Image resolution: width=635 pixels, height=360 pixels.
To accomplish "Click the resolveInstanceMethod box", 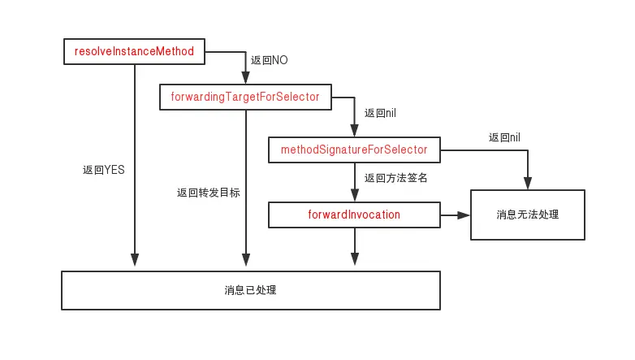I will coord(134,52).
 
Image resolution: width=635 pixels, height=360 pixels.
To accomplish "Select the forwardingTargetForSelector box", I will coord(244,98).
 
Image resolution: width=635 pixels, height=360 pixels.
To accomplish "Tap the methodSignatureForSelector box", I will coord(354,150).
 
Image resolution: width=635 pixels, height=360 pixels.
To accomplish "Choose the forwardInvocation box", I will coord(354,215).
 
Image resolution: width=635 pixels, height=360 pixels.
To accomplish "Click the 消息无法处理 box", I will coord(528,215).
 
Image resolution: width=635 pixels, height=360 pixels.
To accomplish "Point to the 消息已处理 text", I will coord(251,289).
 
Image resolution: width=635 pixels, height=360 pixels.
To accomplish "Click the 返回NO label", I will coord(270,60).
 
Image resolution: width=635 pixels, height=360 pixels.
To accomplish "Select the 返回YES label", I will coord(103,171).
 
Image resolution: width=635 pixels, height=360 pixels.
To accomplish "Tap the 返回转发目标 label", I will coord(209,193).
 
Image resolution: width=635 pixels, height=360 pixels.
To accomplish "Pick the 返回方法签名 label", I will coord(396,178).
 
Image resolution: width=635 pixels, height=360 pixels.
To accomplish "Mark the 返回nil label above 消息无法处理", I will coord(504,138).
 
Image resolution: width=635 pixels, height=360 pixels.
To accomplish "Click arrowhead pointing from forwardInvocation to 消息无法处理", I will coord(464,215).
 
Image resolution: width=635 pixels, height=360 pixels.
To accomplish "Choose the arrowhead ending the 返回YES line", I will coord(134,261).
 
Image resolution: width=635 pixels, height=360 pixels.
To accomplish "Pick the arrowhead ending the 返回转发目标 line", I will coord(245,261).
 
